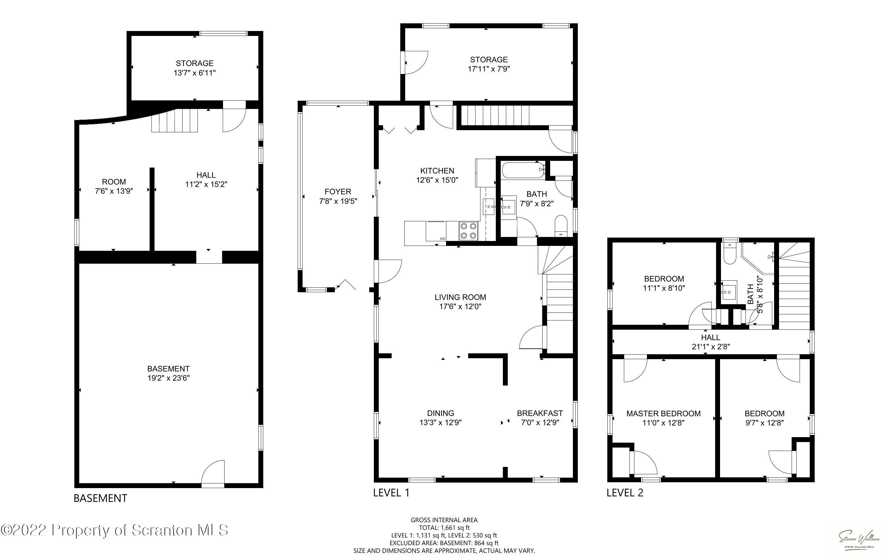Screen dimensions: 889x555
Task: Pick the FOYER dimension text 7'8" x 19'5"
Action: [338, 201]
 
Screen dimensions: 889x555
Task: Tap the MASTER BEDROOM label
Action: [663, 413]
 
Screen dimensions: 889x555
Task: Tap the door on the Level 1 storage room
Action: [416, 62]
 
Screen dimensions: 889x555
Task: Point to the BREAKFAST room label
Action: [540, 413]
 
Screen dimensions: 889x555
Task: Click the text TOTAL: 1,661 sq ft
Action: [444, 527]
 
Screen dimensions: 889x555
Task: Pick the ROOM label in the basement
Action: [114, 181]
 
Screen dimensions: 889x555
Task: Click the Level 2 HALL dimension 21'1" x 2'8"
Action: [711, 346]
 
